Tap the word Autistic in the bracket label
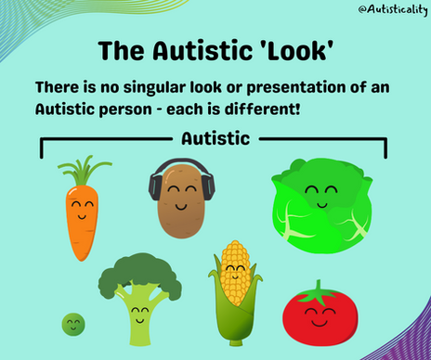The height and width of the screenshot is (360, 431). (x=215, y=140)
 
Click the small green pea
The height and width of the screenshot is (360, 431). (x=72, y=324)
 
